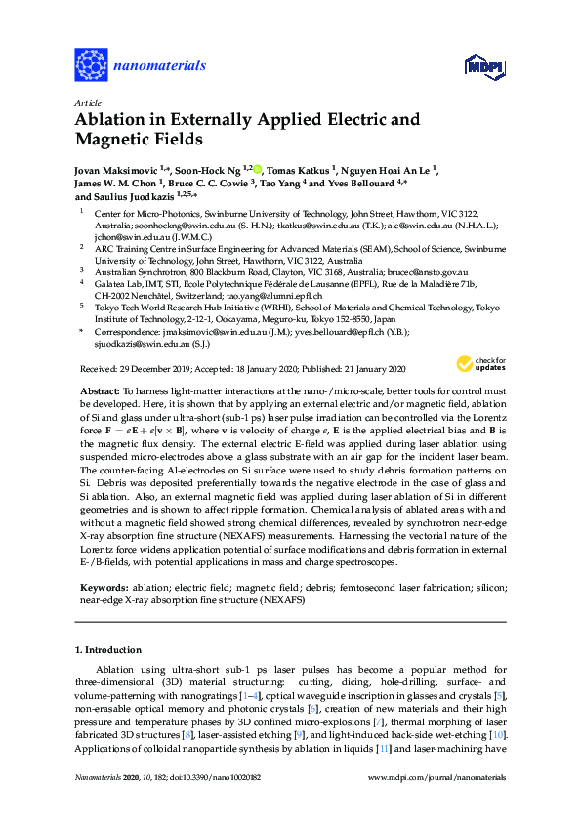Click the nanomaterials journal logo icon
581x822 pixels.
tap(92, 64)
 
